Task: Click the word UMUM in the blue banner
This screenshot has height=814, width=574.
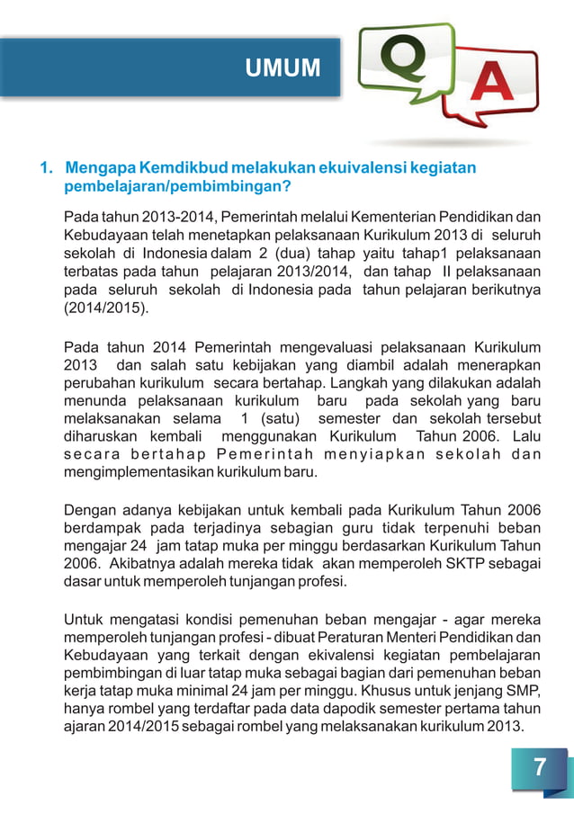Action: coord(283,67)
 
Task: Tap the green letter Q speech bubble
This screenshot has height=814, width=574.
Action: coord(398,64)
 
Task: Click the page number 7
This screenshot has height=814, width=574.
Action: coord(539,767)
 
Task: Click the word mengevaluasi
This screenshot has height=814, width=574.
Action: coord(328,347)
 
